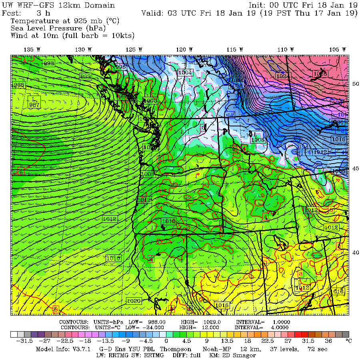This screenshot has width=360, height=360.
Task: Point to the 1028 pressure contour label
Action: pyautogui.click(x=320, y=73)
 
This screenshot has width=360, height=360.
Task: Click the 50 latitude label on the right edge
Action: pyautogui.click(x=355, y=84)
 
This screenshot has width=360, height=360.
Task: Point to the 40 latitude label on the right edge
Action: pyautogui.click(x=355, y=252)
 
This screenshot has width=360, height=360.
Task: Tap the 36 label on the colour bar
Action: pyautogui.click(x=328, y=341)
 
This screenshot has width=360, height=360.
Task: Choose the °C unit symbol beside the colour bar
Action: pyautogui.click(x=348, y=341)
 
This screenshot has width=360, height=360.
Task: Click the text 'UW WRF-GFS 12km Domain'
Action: pyautogui.click(x=58, y=6)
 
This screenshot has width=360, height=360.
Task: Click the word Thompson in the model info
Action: pyautogui.click(x=164, y=349)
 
